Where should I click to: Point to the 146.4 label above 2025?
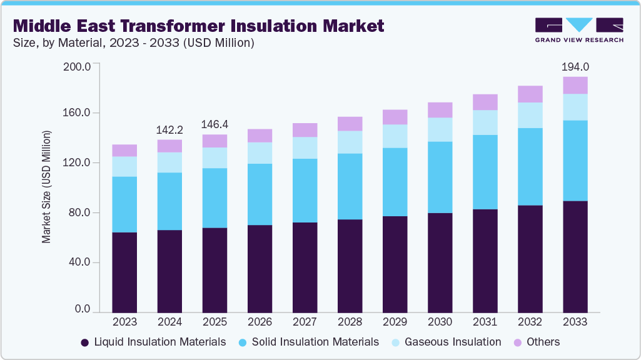[x=215, y=124]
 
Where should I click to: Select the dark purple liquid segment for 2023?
[x=124, y=272]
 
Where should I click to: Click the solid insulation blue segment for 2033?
[x=575, y=161]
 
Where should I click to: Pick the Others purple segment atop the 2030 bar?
[x=440, y=110]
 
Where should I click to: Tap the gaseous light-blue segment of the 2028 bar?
[x=350, y=142]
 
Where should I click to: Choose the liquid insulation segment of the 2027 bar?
[x=305, y=267]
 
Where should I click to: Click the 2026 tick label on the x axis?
[x=260, y=322]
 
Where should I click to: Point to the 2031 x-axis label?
[x=485, y=322]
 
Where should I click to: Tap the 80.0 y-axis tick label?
[x=80, y=212]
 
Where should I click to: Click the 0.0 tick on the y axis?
[x=83, y=309]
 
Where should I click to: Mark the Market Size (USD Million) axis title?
[x=46, y=187]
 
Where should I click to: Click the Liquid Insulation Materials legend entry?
[x=159, y=342]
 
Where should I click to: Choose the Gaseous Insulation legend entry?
[x=452, y=342]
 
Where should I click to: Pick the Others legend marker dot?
[x=518, y=342]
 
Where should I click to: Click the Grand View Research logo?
[x=578, y=30]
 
